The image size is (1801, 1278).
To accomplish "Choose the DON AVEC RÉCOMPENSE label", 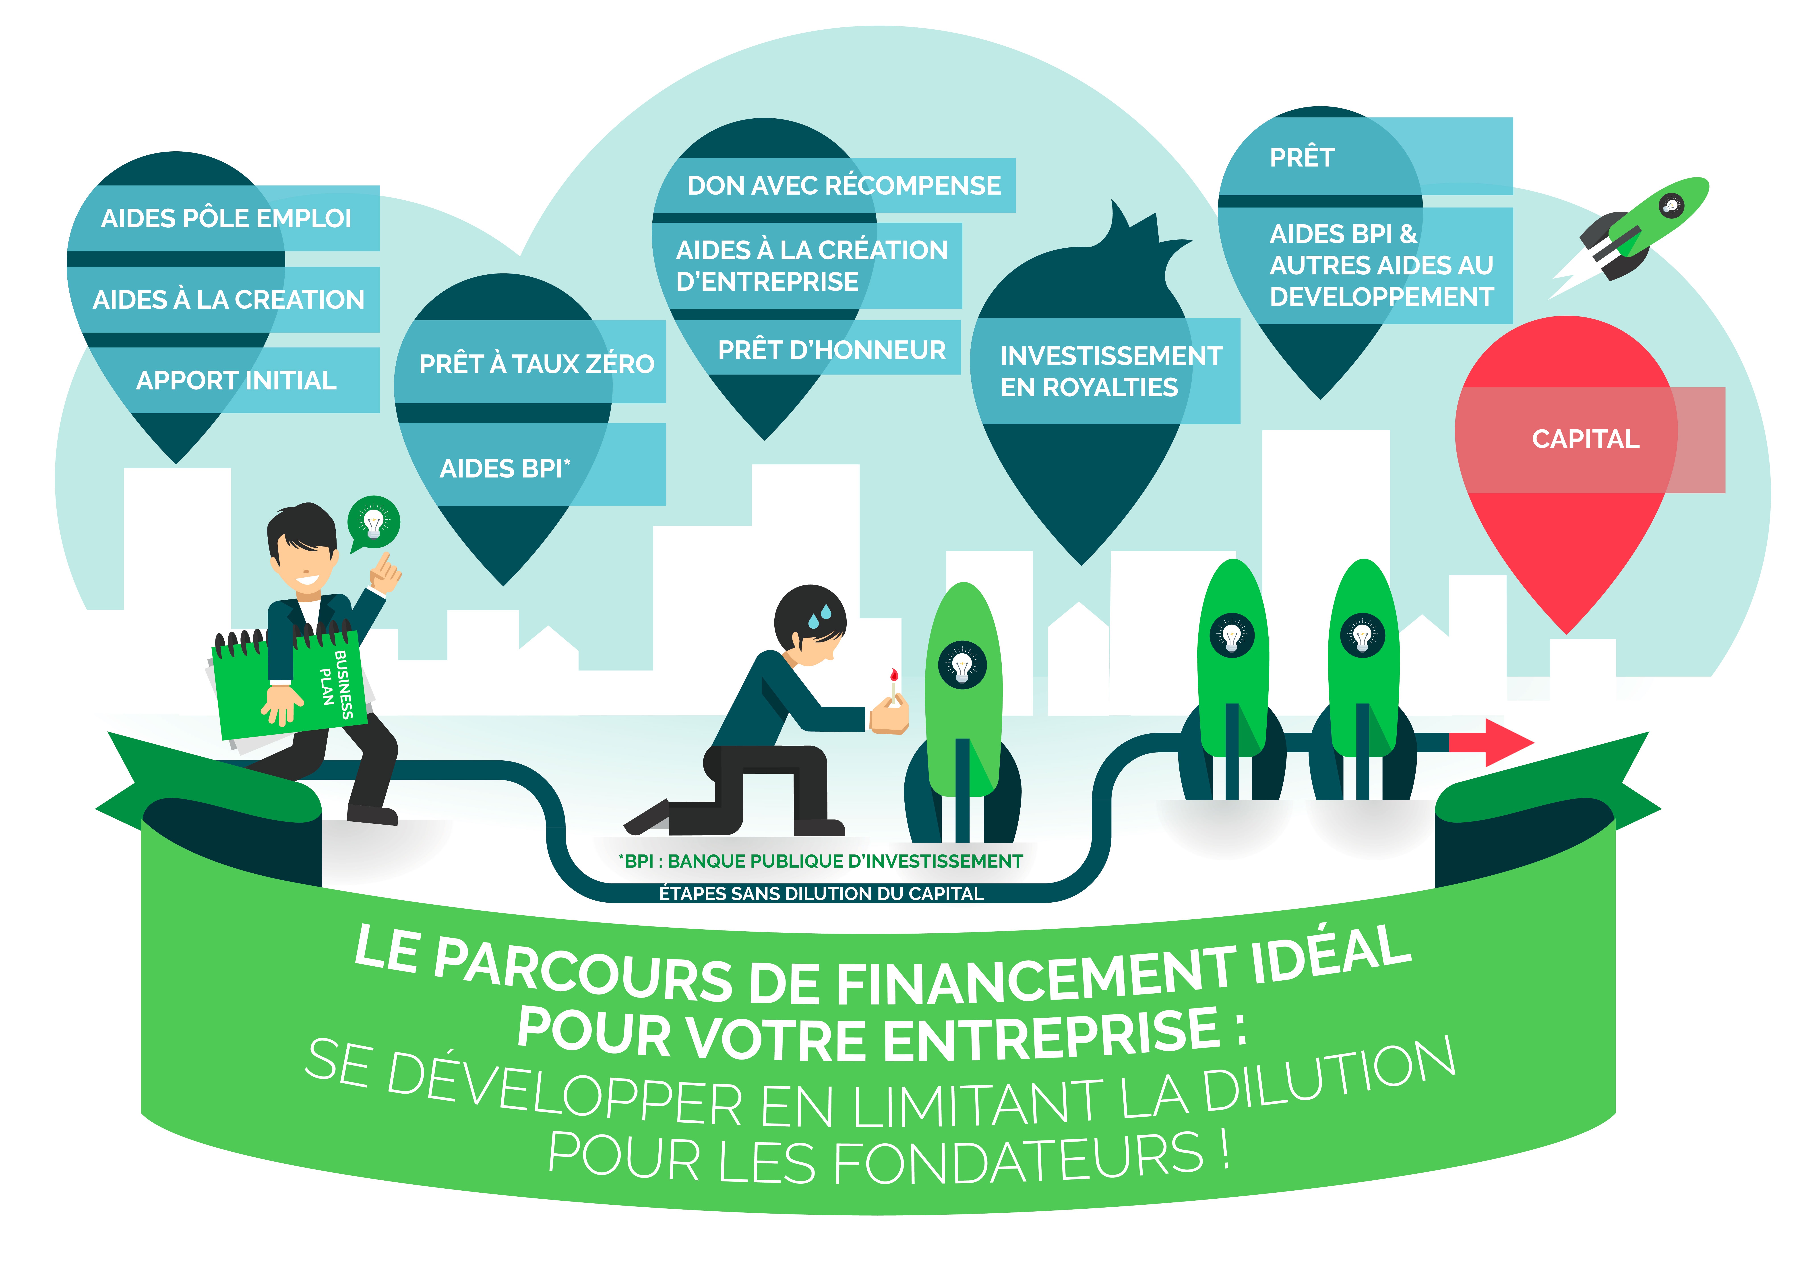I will pos(844,186).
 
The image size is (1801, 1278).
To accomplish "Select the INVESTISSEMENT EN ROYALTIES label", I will pos(1110,371).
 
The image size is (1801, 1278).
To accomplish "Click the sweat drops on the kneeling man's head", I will pos(819,615).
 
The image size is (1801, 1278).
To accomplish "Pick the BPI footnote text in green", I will pos(820,861).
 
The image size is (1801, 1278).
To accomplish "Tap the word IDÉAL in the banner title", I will pos(1330,956).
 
